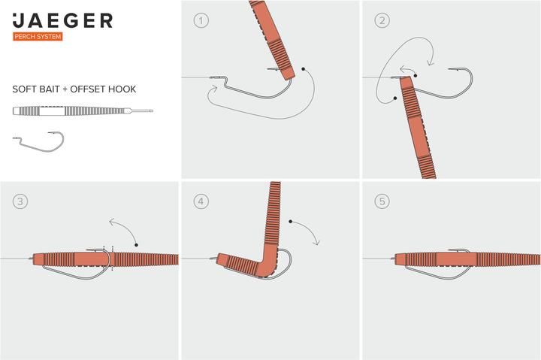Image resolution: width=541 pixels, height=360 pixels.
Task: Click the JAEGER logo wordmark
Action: tap(62, 21)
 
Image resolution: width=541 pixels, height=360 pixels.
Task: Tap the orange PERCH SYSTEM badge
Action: tap(38, 37)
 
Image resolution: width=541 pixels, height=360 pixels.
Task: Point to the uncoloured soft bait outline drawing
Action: tap(83, 110)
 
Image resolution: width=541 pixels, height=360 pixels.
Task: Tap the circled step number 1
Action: tap(201, 20)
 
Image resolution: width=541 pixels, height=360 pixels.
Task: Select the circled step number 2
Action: tap(382, 20)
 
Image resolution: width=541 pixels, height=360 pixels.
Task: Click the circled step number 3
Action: tap(20, 201)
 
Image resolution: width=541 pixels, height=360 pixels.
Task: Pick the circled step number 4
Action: tap(201, 201)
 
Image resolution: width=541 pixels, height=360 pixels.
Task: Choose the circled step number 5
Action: tap(382, 201)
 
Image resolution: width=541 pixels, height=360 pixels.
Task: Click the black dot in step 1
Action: tap(304, 69)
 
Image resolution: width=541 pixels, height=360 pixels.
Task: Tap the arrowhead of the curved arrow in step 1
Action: tap(213, 89)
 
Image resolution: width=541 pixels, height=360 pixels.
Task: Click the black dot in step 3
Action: tap(137, 245)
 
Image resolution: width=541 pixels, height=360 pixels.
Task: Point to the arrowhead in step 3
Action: tap(112, 222)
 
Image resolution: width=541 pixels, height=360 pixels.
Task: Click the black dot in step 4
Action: tap(291, 221)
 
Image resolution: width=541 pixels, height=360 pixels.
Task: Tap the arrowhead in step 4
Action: tap(316, 242)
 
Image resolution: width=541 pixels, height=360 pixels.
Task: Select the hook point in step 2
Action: tap(449, 69)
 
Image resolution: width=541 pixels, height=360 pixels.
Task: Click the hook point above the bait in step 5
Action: tap(449, 250)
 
